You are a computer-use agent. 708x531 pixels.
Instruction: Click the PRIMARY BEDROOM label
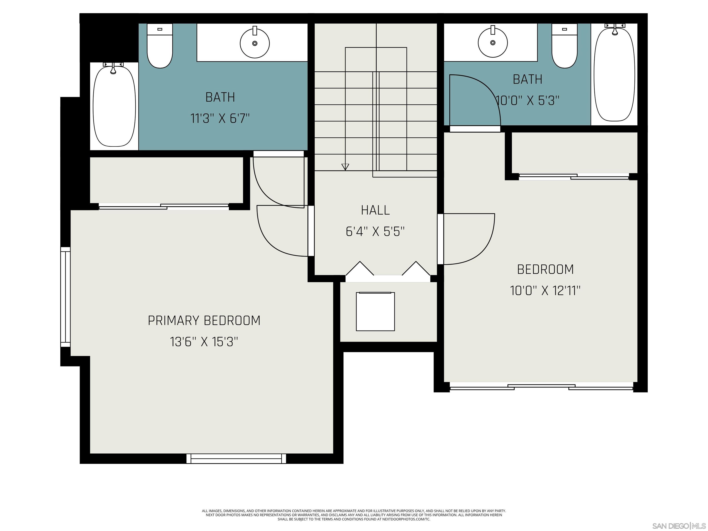pyautogui.click(x=204, y=320)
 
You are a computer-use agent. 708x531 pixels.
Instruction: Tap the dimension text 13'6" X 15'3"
pyautogui.click(x=204, y=342)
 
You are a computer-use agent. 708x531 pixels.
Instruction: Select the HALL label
pyautogui.click(x=375, y=210)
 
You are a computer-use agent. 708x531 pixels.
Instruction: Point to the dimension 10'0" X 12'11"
pyautogui.click(x=545, y=291)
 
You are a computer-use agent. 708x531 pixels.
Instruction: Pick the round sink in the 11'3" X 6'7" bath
pyautogui.click(x=254, y=43)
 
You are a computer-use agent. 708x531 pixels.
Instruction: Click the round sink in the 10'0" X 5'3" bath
pyautogui.click(x=493, y=42)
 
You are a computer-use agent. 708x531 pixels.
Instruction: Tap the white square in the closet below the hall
pyautogui.click(x=375, y=311)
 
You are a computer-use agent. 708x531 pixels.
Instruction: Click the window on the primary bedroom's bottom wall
pyautogui.click(x=236, y=458)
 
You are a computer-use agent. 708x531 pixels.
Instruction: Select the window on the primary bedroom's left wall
pyautogui.click(x=65, y=297)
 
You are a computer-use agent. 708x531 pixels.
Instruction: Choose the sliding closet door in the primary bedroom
pyautogui.click(x=164, y=206)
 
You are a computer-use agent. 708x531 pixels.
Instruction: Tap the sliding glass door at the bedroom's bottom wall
pyautogui.click(x=541, y=387)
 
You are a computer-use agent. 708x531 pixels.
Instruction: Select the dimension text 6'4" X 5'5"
pyautogui.click(x=375, y=231)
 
